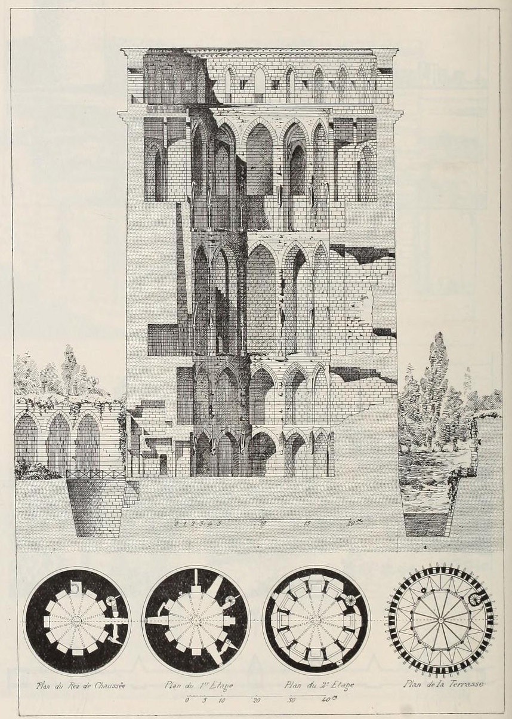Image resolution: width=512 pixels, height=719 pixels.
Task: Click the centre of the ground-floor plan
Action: click(x=76, y=622)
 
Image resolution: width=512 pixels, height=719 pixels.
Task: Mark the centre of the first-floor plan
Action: click(x=196, y=622)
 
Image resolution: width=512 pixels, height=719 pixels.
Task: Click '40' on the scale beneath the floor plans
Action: click(x=326, y=700)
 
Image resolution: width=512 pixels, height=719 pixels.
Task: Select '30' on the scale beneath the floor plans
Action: click(x=292, y=700)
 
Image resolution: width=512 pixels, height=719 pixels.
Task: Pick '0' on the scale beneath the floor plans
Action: click(x=187, y=700)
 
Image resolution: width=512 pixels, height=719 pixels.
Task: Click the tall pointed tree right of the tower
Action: click(x=439, y=370)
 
